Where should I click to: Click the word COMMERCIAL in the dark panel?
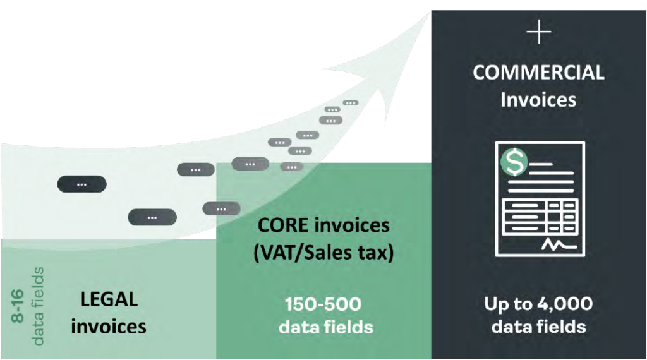coord(538,73)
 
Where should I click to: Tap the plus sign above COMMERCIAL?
coord(538,33)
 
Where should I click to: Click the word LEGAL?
coord(109,299)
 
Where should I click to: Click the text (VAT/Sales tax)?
coord(323,253)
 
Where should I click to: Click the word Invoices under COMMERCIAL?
coord(538,100)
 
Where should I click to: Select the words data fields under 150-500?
coord(327,327)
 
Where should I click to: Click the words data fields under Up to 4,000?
coord(538,327)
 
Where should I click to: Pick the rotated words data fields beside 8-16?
coord(39,306)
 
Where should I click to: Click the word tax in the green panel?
coord(378,253)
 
